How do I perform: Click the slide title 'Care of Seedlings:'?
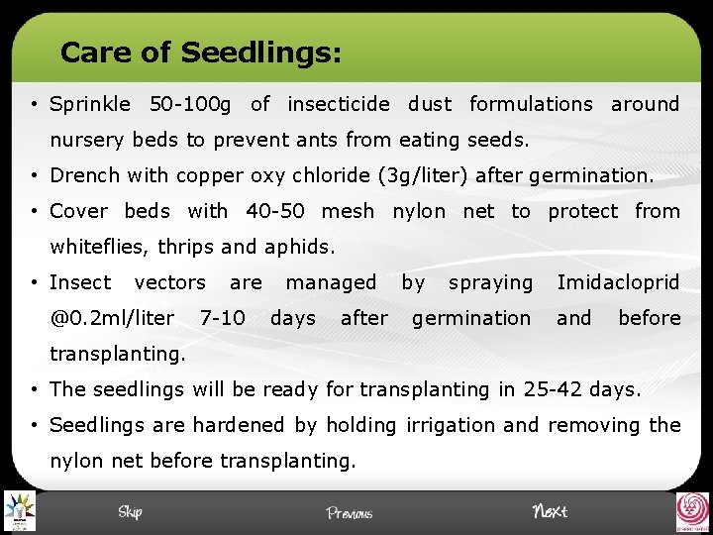tap(201, 52)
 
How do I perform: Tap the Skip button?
tap(130, 511)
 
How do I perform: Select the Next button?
tap(550, 511)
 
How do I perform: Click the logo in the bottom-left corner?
tap(19, 511)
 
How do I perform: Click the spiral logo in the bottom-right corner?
tap(692, 512)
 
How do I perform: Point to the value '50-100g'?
tap(189, 104)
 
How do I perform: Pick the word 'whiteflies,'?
tap(99, 247)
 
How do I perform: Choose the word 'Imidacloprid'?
tap(618, 282)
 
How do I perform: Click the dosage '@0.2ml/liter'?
tap(112, 318)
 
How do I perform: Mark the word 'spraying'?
tap(490, 282)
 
